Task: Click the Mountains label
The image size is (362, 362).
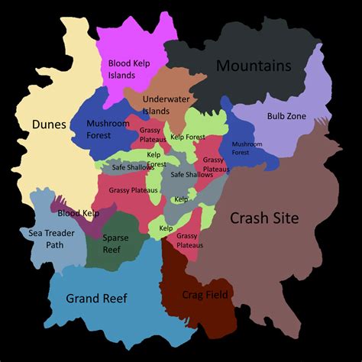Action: click(x=254, y=66)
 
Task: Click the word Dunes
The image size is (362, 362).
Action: click(x=50, y=124)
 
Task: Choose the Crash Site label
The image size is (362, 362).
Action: click(x=264, y=218)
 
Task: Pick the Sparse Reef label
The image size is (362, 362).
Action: click(x=116, y=244)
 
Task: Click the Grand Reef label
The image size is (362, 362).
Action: click(x=96, y=298)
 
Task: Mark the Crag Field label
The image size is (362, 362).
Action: click(x=205, y=295)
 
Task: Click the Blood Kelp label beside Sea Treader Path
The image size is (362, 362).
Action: click(x=79, y=214)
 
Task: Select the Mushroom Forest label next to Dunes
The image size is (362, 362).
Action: click(x=108, y=129)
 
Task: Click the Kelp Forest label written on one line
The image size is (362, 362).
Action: click(x=188, y=137)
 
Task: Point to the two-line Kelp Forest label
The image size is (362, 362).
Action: click(x=156, y=159)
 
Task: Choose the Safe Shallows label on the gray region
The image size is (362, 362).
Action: click(x=192, y=175)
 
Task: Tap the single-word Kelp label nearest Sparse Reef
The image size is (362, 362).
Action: click(x=166, y=228)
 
